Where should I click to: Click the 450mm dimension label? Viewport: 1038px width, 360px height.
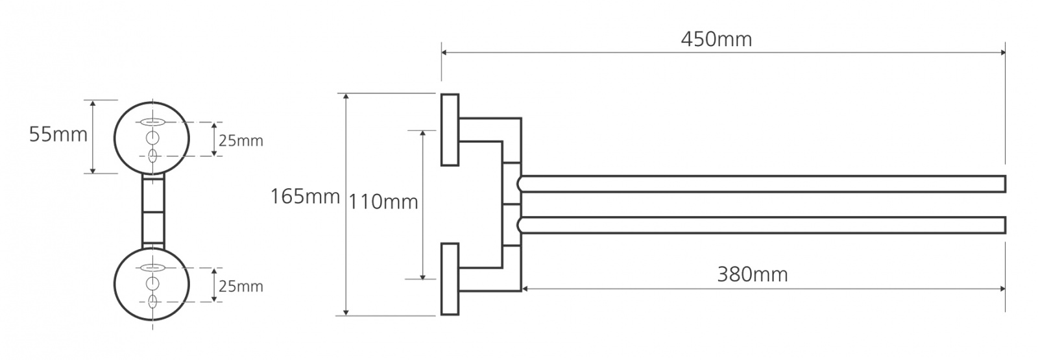coord(716,40)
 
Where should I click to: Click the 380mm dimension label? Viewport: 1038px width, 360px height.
coord(753,274)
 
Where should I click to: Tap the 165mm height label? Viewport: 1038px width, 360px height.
coord(306,197)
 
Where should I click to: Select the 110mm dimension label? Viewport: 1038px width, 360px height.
coord(383,202)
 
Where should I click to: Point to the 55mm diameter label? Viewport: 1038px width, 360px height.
coord(58,134)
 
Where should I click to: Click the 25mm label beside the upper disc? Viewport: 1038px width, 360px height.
coord(241,140)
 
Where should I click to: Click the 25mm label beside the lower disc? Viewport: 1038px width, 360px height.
coord(241,286)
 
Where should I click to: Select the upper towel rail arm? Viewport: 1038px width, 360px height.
coord(762,184)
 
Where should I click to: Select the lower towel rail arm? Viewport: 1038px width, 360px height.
coord(762,224)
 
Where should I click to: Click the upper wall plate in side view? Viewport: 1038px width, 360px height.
coord(450,130)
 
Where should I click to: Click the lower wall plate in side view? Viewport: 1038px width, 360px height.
coord(450,279)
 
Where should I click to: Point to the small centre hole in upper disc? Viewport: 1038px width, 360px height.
coord(152,138)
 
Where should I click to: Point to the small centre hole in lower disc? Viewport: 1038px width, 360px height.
coord(152,283)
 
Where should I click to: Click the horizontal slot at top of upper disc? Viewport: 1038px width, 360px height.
coord(152,123)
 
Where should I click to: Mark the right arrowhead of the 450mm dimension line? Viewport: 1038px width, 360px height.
coord(1002,53)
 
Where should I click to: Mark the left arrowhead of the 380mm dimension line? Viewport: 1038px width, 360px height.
coord(525,289)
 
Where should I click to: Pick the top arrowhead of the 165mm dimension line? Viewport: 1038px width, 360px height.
coord(346,97)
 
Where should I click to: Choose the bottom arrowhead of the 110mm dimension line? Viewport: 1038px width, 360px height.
coord(422,276)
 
